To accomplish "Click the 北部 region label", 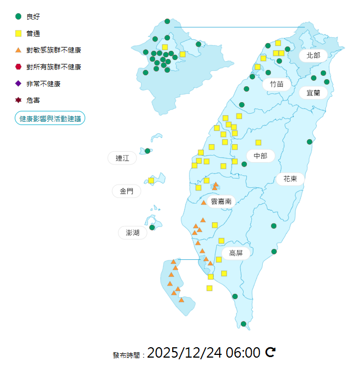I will click(x=313, y=55).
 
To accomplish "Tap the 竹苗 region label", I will click(x=276, y=84).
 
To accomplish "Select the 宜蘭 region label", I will click(x=313, y=93).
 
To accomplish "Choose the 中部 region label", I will click(x=261, y=156).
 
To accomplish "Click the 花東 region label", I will click(x=290, y=179).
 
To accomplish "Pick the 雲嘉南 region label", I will click(x=221, y=201).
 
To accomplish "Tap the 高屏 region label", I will click(x=236, y=253).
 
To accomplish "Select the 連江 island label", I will click(x=122, y=158).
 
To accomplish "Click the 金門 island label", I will click(x=126, y=191).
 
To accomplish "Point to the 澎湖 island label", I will click(x=133, y=233).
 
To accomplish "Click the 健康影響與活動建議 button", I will click(x=50, y=118).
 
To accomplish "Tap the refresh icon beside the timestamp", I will click(x=270, y=353).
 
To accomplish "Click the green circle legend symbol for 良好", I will click(x=19, y=16).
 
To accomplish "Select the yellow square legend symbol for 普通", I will click(x=19, y=33).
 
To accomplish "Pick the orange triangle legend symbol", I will click(x=19, y=50).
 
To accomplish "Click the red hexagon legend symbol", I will click(x=19, y=67).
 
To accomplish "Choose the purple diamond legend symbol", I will click(x=19, y=84).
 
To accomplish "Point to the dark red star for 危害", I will click(x=19, y=100).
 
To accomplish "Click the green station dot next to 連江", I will click(x=147, y=151).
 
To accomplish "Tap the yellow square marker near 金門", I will click(x=151, y=180).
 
